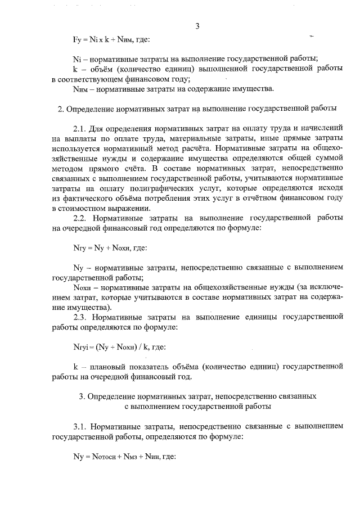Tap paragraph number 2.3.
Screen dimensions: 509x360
point(82,317)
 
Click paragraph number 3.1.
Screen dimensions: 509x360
point(81,427)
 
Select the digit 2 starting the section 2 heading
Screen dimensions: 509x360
point(60,108)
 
